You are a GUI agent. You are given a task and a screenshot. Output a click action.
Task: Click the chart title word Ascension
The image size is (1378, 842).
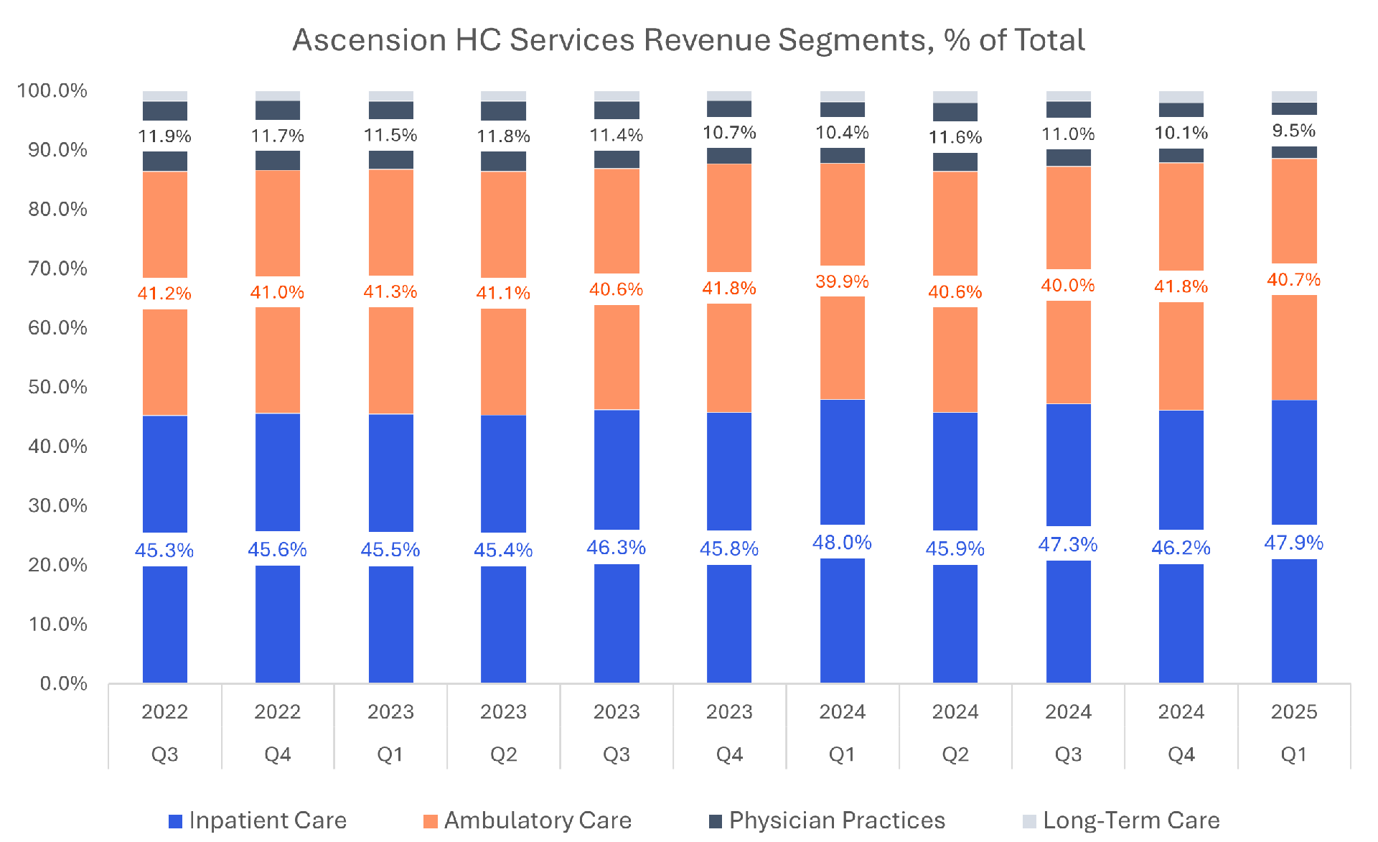coord(369,40)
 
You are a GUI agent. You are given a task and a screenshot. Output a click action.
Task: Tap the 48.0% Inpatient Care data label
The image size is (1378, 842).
coord(842,543)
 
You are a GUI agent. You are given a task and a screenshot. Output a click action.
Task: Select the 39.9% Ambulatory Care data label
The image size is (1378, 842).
coord(842,281)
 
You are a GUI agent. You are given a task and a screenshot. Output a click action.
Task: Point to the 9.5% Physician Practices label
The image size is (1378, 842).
coord(1293,131)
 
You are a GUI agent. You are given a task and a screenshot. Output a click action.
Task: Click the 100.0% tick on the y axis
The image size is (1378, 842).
coord(52,90)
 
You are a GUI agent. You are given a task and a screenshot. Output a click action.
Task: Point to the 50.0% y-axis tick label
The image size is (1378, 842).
coord(57,387)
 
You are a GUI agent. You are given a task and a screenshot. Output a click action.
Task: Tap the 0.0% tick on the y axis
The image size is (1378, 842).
coord(63,683)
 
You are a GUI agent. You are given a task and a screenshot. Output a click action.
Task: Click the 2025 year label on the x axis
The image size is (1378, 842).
coord(1293,711)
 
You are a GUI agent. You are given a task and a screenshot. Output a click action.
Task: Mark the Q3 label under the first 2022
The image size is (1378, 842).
coord(164,754)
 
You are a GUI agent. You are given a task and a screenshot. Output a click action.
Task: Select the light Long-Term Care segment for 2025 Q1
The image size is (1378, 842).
coord(1294,96)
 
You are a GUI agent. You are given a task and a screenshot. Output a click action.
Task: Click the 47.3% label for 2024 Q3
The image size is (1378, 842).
coord(1068,545)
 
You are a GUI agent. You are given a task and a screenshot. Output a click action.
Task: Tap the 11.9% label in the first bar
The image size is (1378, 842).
coord(164,136)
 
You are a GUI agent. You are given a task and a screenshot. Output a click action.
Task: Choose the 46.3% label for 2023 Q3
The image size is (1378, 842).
coord(616,548)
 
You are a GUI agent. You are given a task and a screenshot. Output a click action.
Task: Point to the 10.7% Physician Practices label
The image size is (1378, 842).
coord(729,133)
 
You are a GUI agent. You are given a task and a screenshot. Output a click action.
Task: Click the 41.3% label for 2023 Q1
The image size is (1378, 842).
coord(390,292)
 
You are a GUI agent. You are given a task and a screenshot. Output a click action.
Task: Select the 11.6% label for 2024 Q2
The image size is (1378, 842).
coord(955,137)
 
